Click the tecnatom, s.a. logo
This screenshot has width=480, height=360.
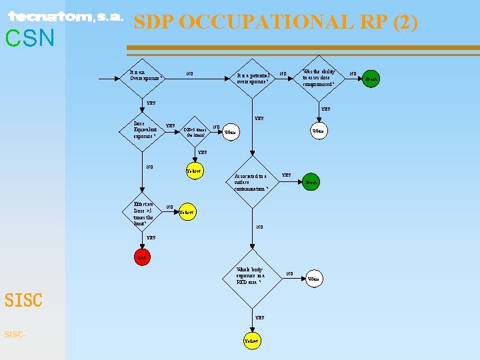[65, 17]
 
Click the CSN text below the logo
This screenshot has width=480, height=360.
[29, 39]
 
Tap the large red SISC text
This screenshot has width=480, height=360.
[23, 300]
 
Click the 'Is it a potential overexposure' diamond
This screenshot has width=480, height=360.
[253, 79]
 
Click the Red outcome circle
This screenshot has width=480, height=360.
[142, 257]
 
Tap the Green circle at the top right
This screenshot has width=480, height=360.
[372, 79]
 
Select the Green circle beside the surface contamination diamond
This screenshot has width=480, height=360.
[311, 181]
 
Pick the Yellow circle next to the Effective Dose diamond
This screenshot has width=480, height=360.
[187, 212]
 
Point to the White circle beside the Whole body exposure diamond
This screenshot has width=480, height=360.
[313, 277]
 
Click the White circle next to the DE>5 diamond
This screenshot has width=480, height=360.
[230, 132]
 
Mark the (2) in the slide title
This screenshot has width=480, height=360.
[405, 22]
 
